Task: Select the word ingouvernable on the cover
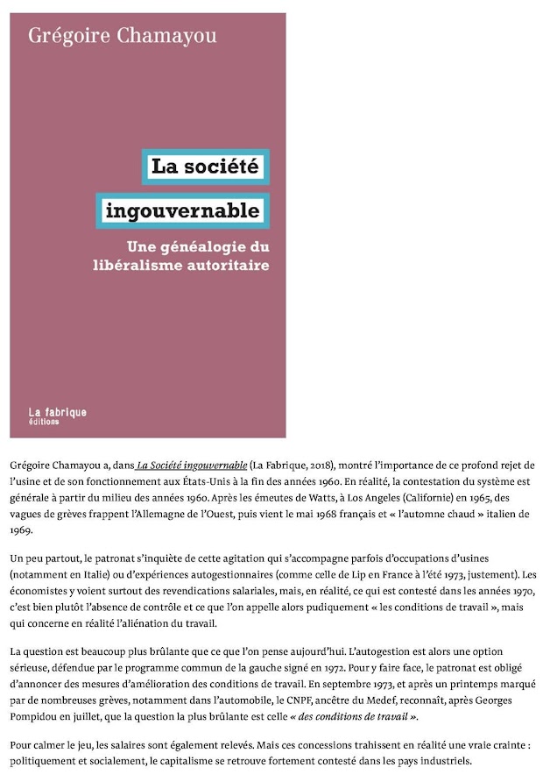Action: (x=182, y=210)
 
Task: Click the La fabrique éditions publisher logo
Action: (x=57, y=416)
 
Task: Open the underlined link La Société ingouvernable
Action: (x=192, y=465)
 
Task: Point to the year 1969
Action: (x=24, y=531)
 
